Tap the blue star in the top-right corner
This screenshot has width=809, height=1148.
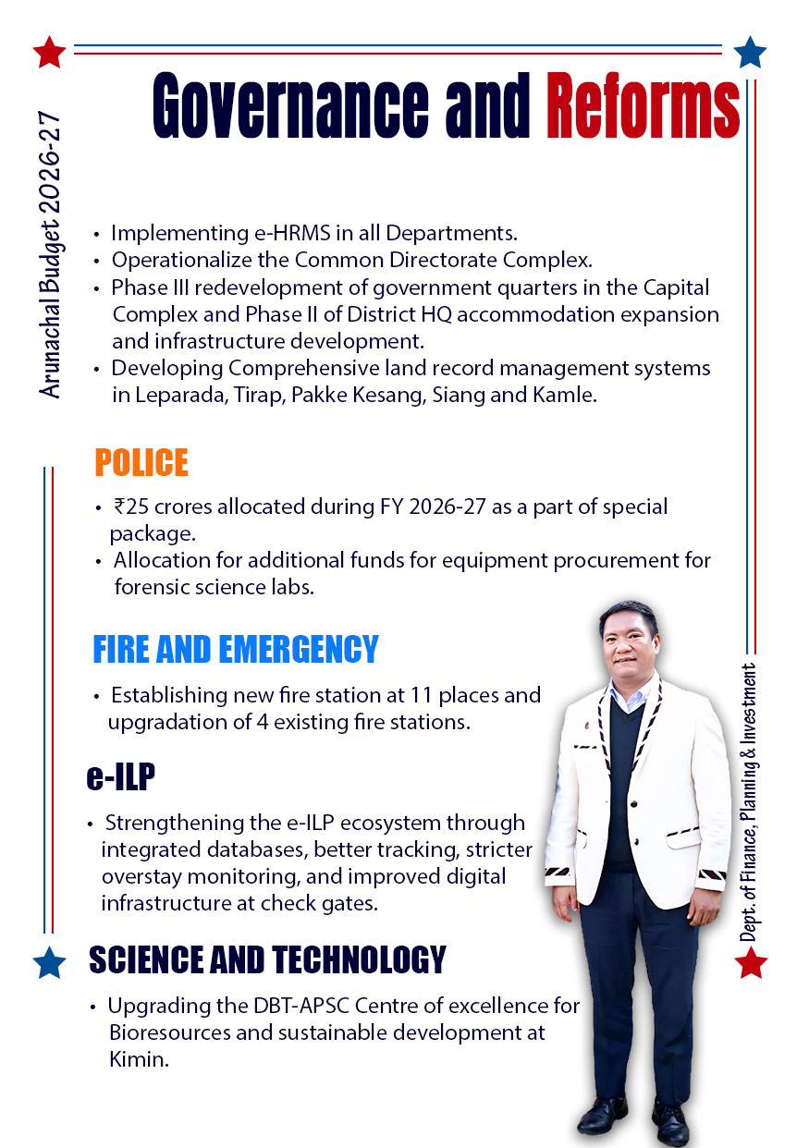coord(750,52)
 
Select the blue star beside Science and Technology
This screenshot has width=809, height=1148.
coord(49,962)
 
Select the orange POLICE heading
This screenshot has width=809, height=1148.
coord(141,462)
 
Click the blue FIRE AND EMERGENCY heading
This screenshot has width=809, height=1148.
coord(235,649)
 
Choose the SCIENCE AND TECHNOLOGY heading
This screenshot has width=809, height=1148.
coord(267,960)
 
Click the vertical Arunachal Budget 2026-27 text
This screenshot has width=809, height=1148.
coord(52,256)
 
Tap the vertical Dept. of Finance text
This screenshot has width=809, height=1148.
coord(749,801)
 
